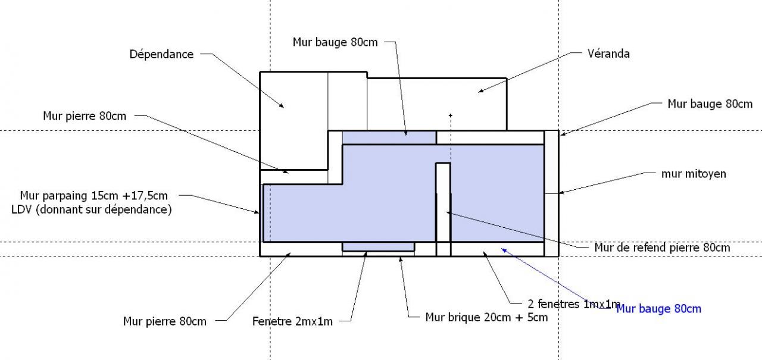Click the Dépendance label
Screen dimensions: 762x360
(x=161, y=54)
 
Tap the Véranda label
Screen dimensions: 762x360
(x=608, y=54)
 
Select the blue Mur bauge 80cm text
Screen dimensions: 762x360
(x=659, y=309)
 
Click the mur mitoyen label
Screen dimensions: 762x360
(x=694, y=174)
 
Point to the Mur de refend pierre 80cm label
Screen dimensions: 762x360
(x=662, y=248)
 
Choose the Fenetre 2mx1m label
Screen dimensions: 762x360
(x=292, y=321)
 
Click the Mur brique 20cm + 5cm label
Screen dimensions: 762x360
(x=486, y=317)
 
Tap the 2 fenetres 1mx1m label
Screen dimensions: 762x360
(x=574, y=304)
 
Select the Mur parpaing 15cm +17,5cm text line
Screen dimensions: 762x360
(x=94, y=196)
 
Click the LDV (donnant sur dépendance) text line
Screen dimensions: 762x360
(x=92, y=209)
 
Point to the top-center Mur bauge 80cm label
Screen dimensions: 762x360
(x=335, y=42)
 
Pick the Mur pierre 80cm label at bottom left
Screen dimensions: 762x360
(x=165, y=321)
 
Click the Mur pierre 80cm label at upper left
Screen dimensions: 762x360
(x=85, y=116)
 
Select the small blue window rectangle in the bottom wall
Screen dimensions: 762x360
(x=378, y=246)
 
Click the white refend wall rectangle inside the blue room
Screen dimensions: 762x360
(x=444, y=202)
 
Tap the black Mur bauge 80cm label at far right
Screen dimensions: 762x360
(x=710, y=104)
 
